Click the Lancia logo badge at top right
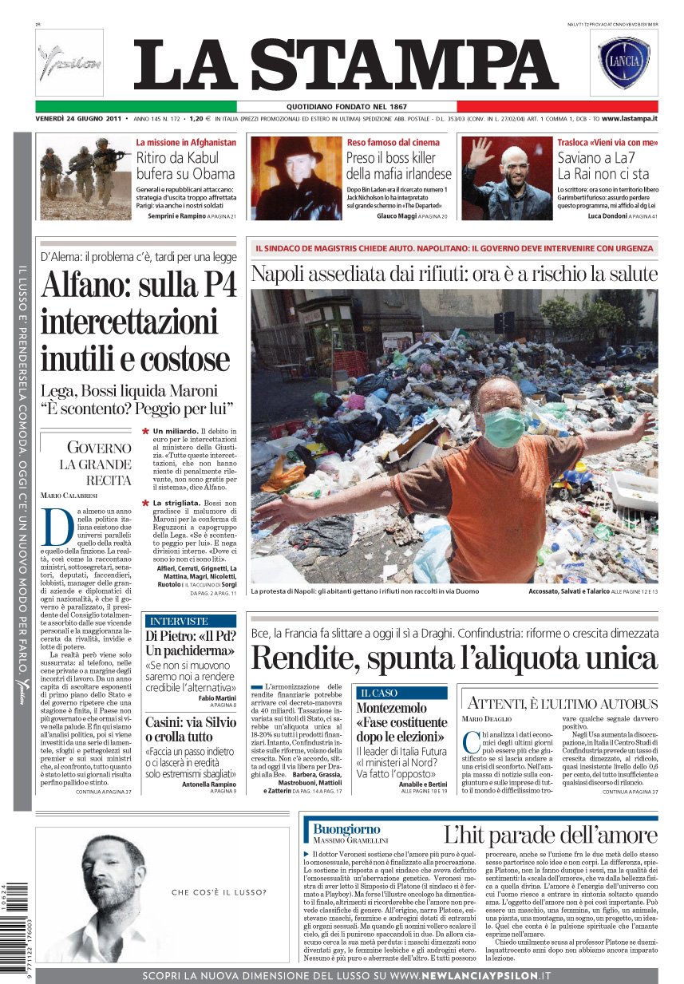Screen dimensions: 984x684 pos(625,63)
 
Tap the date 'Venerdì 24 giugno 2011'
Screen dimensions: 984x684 pos(77,119)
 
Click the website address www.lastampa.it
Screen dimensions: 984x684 pos(629,119)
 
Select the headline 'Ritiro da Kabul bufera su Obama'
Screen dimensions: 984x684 pos(185,165)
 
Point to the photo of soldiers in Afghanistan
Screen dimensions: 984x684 pos(85,177)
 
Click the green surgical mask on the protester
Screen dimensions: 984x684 pos(504,428)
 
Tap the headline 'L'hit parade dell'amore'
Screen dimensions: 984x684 pos(550,836)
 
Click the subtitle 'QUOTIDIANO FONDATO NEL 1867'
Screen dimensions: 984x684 pos(346,107)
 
